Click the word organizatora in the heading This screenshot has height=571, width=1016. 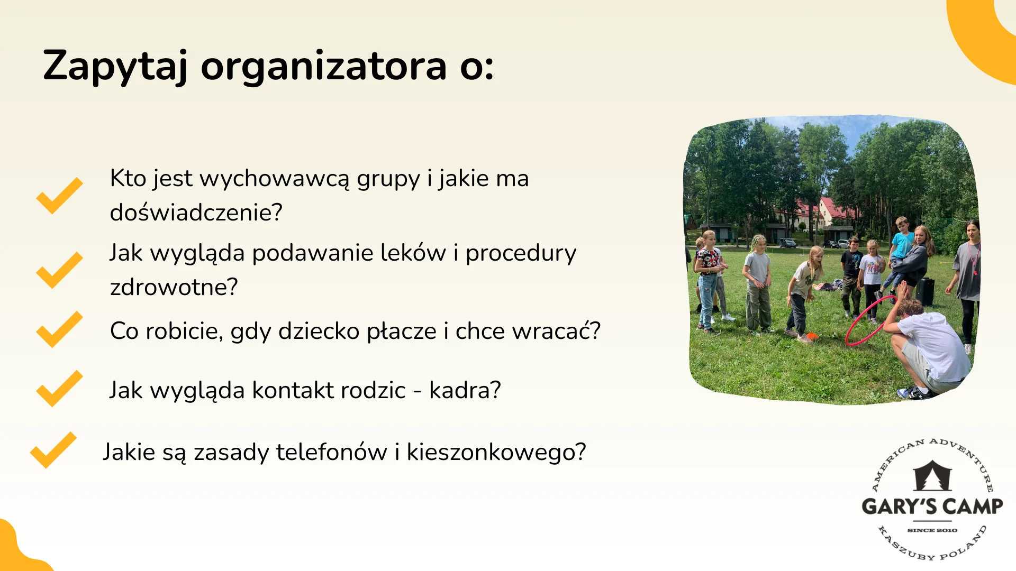point(324,67)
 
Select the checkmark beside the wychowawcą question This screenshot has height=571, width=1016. point(59,196)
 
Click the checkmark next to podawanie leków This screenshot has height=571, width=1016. point(59,270)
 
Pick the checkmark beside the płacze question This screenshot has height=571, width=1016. point(59,329)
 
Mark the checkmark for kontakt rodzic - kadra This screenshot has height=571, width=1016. point(59,389)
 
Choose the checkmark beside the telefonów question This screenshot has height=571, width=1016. point(53,450)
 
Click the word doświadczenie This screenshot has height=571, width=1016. point(196,213)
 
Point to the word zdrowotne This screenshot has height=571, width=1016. point(174,287)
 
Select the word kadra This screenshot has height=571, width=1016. point(465,391)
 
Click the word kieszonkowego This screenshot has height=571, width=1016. point(496,453)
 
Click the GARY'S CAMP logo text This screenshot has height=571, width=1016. point(932,506)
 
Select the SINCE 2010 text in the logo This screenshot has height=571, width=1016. point(932,530)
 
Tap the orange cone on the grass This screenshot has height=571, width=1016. point(812,336)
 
